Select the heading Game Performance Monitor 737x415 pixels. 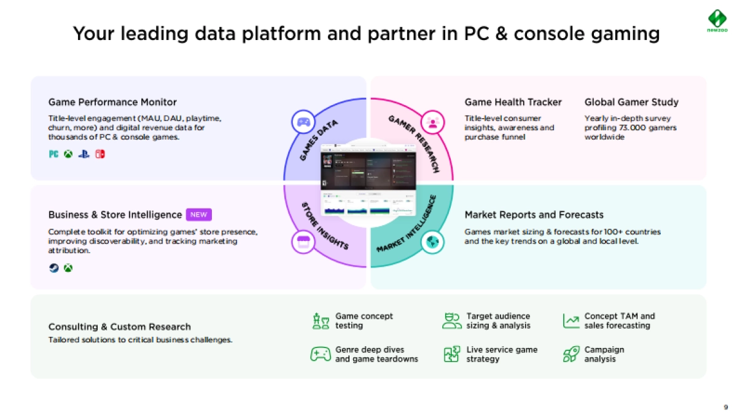click(x=112, y=102)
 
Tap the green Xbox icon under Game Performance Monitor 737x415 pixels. click(x=68, y=154)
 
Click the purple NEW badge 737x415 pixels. click(x=198, y=215)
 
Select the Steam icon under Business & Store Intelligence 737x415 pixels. click(x=54, y=268)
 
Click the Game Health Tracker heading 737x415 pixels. click(x=513, y=102)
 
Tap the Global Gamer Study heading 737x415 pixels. click(x=631, y=102)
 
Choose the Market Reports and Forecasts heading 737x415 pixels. click(x=534, y=215)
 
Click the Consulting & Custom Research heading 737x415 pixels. click(x=119, y=326)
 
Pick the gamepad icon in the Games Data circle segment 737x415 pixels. click(x=303, y=122)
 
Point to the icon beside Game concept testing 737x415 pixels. click(x=321, y=321)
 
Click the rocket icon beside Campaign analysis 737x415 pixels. click(x=571, y=354)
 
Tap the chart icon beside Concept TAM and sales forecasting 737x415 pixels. click(x=571, y=321)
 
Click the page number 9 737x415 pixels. click(x=726, y=407)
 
